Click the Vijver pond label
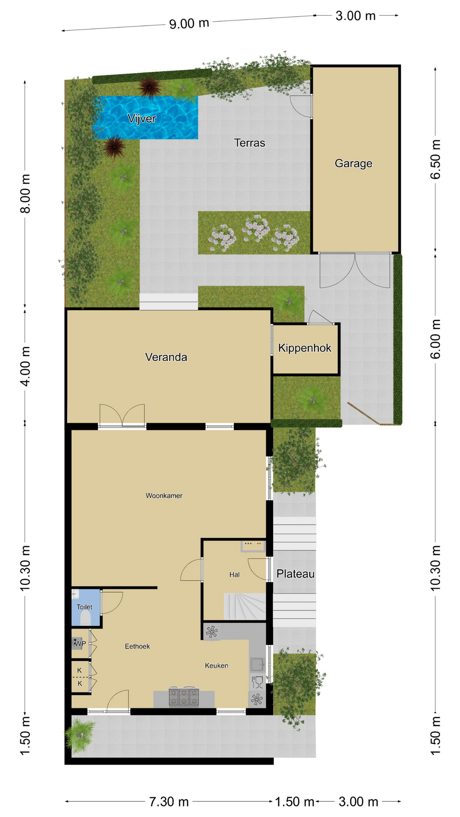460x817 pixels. click(142, 119)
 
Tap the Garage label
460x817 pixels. click(354, 163)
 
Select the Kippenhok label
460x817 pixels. click(305, 348)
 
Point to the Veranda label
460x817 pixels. click(166, 357)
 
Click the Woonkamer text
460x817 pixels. click(164, 496)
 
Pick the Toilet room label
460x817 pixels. click(84, 607)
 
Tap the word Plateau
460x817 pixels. click(296, 574)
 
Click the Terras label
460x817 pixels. click(250, 143)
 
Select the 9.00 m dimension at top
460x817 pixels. click(189, 23)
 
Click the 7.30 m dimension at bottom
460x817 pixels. click(169, 802)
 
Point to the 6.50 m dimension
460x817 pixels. click(435, 160)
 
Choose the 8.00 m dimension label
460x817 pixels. click(26, 194)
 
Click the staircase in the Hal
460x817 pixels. click(245, 607)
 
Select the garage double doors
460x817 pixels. click(355, 271)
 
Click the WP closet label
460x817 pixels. click(80, 643)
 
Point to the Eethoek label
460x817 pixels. click(137, 646)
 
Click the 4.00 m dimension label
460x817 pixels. click(26, 366)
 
